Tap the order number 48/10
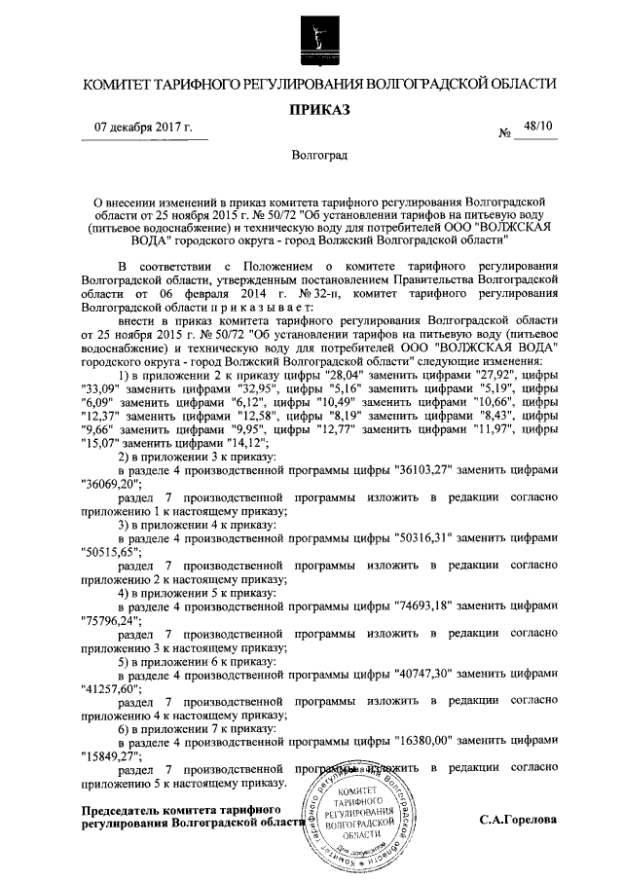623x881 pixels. pos(536,127)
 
